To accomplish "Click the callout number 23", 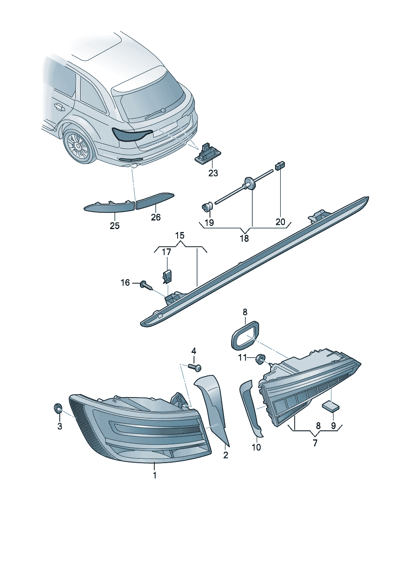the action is [x=213, y=173].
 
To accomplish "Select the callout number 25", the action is [x=115, y=225].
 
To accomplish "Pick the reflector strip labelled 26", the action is [x=154, y=200].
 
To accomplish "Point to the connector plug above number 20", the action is [x=281, y=166].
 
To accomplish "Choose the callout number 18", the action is [x=244, y=239].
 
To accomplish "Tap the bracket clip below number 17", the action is [x=167, y=277].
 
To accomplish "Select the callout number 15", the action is [x=180, y=236].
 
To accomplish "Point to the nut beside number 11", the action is [x=259, y=359].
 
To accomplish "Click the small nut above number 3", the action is [x=59, y=408].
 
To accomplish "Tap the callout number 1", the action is [x=155, y=475].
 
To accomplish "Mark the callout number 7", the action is [x=315, y=443].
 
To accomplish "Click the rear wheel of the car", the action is [x=78, y=147].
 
